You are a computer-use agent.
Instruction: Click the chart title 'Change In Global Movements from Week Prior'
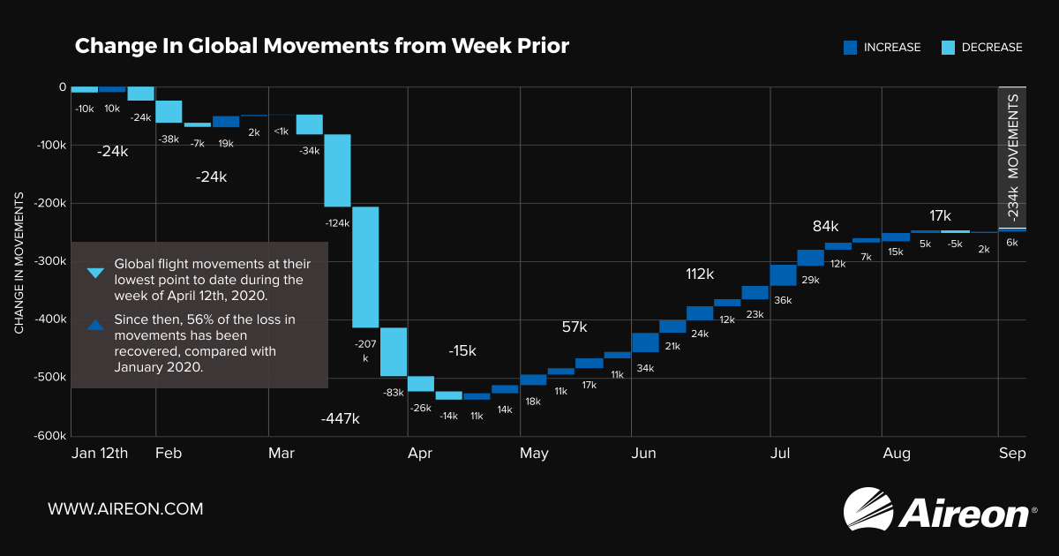pyautogui.click(x=321, y=46)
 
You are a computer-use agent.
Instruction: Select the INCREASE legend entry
pyautogui.click(x=882, y=48)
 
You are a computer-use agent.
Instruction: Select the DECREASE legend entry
pyautogui.click(x=984, y=48)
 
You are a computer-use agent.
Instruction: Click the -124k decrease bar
pyautogui.click(x=337, y=170)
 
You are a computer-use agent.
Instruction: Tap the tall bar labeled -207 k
pyautogui.click(x=365, y=267)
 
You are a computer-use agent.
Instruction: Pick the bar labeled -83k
pyautogui.click(x=394, y=351)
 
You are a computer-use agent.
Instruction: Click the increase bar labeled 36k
pyautogui.click(x=783, y=274)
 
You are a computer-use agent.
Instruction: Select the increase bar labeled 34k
pyautogui.click(x=645, y=342)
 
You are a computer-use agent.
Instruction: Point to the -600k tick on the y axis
pyautogui.click(x=50, y=435)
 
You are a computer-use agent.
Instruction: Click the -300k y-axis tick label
pyautogui.click(x=50, y=261)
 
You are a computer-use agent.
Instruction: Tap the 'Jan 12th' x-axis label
pyautogui.click(x=100, y=454)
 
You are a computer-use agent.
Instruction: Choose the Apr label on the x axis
pyautogui.click(x=420, y=454)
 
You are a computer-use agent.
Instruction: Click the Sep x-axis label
pyautogui.click(x=1012, y=454)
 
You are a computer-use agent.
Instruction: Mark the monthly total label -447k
pyautogui.click(x=340, y=418)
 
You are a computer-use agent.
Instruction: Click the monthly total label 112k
pyautogui.click(x=699, y=274)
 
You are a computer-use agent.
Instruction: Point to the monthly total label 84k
pyautogui.click(x=826, y=226)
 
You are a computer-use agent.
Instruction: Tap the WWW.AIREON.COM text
pyautogui.click(x=125, y=509)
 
